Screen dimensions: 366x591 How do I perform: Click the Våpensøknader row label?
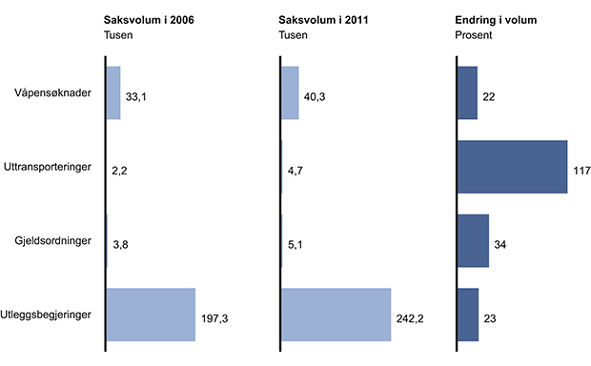click(x=52, y=93)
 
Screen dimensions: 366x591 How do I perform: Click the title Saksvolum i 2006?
click(x=153, y=20)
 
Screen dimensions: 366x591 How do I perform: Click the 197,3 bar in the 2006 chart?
click(x=151, y=315)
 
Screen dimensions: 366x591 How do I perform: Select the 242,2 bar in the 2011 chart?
click(x=336, y=315)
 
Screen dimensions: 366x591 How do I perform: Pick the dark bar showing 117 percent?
click(x=513, y=167)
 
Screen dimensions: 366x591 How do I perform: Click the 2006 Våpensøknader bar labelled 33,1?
click(x=113, y=92)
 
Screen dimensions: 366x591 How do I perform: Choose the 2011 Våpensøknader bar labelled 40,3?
click(x=291, y=92)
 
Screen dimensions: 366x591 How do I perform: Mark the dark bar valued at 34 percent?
click(x=474, y=240)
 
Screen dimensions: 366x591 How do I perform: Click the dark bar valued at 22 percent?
click(x=468, y=92)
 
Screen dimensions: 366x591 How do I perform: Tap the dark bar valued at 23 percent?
click(x=468, y=315)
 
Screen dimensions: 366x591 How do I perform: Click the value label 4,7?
click(x=297, y=168)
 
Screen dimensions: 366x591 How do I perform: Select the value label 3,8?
click(x=121, y=244)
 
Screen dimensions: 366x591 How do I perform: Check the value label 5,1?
click(x=297, y=242)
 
